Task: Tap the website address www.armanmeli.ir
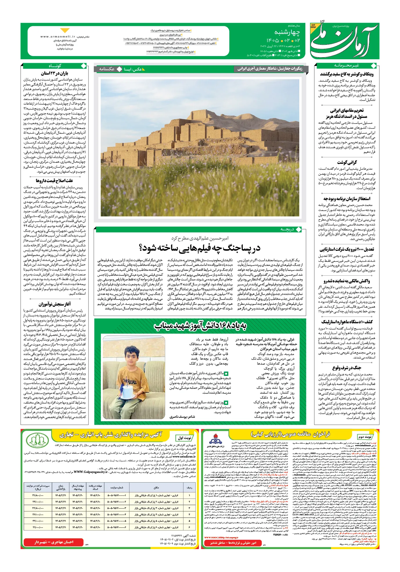pyautogui.click(x=58, y=37)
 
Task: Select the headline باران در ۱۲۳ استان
pyautogui.click(x=54, y=73)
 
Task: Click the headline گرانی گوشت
pyautogui.click(x=347, y=162)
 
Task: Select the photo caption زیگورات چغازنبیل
pyautogui.click(x=270, y=69)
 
